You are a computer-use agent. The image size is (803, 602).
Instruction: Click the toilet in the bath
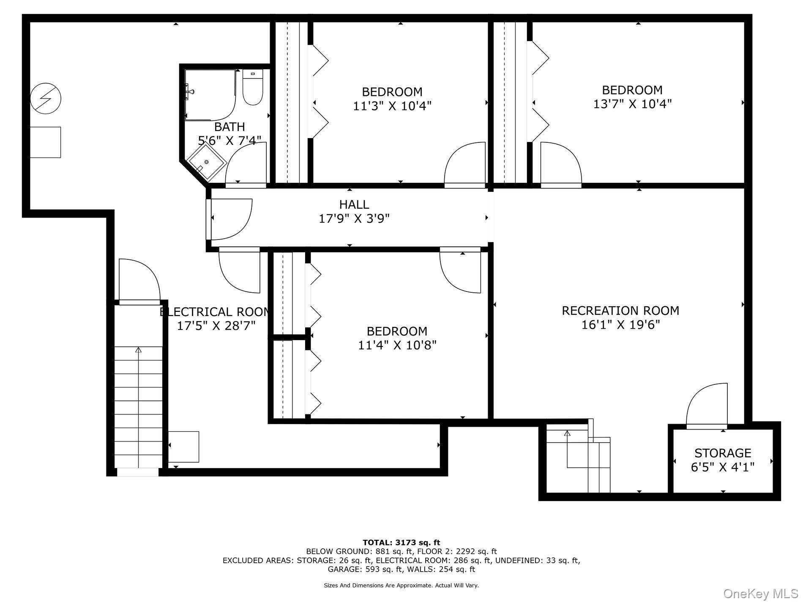click(253, 87)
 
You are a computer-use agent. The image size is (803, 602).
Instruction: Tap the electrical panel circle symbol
click(46, 98)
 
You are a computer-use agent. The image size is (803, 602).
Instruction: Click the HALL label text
click(354, 204)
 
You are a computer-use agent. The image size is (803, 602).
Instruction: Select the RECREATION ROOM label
click(620, 311)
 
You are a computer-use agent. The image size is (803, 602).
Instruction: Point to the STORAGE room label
click(723, 453)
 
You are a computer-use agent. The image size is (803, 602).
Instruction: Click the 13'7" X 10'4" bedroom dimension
click(632, 104)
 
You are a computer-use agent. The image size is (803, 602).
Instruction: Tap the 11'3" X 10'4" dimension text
click(392, 106)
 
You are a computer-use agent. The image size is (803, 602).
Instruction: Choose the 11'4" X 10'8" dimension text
click(397, 345)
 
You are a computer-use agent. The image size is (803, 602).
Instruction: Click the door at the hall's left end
click(230, 219)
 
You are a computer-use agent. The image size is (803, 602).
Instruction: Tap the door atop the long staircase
click(139, 281)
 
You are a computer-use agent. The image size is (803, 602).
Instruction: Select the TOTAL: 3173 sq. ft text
click(401, 542)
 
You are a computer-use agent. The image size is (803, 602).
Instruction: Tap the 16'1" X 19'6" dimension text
click(620, 325)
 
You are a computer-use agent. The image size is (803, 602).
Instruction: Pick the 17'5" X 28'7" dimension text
click(216, 326)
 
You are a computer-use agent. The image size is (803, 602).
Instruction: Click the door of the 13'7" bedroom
click(561, 165)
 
